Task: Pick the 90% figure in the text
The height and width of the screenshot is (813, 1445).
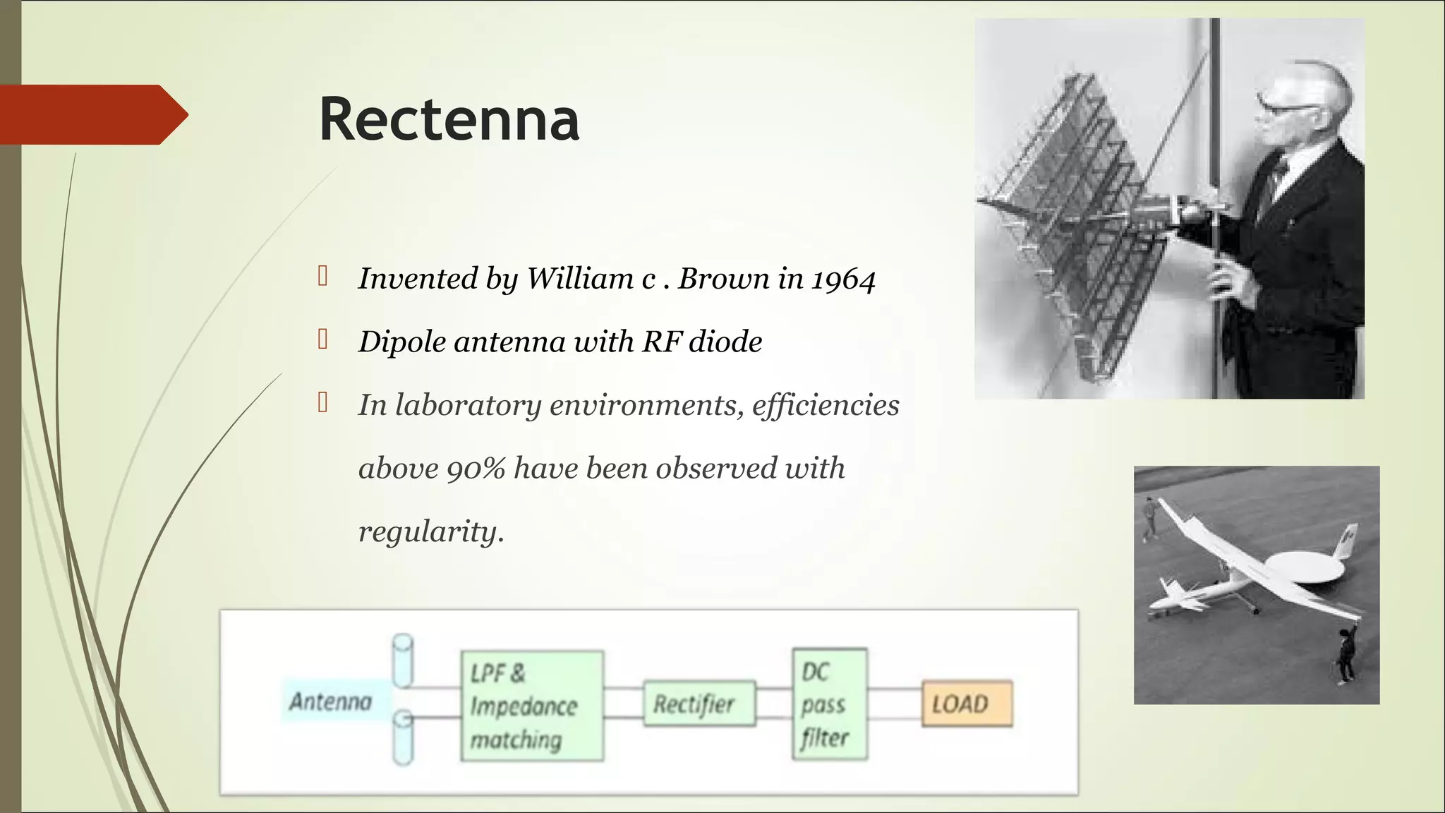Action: pyautogui.click(x=476, y=469)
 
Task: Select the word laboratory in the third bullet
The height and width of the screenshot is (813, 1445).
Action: pyautogui.click(x=467, y=406)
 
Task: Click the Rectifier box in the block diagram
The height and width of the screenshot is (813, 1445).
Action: pyautogui.click(x=699, y=704)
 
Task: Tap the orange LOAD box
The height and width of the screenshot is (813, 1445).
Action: pyautogui.click(x=967, y=704)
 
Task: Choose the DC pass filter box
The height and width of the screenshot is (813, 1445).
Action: pyautogui.click(x=829, y=704)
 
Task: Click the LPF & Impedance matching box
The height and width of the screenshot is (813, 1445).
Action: pyautogui.click(x=532, y=705)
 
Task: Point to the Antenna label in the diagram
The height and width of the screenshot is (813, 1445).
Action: pyautogui.click(x=330, y=701)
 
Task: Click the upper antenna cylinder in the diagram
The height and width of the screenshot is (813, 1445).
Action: pyautogui.click(x=402, y=660)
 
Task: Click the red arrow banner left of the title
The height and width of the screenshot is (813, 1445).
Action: pyautogui.click(x=92, y=114)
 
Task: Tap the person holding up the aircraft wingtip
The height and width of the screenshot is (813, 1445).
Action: pyautogui.click(x=1346, y=653)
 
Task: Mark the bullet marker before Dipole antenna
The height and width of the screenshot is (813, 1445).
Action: pyautogui.click(x=323, y=339)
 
